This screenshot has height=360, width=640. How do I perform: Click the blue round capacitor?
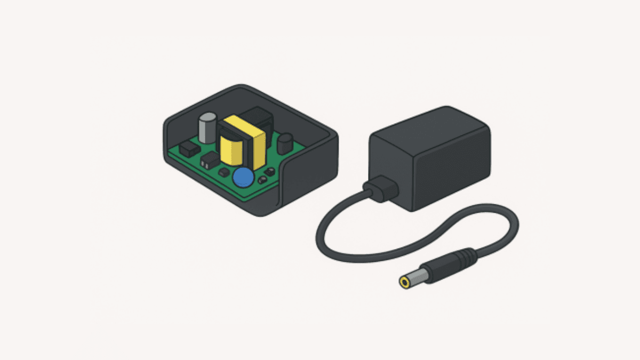(244, 177)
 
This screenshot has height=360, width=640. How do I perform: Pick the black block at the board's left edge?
(188, 149)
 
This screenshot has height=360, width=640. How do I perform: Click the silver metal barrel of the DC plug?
(419, 276)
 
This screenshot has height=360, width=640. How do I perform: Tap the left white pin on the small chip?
(206, 161)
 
